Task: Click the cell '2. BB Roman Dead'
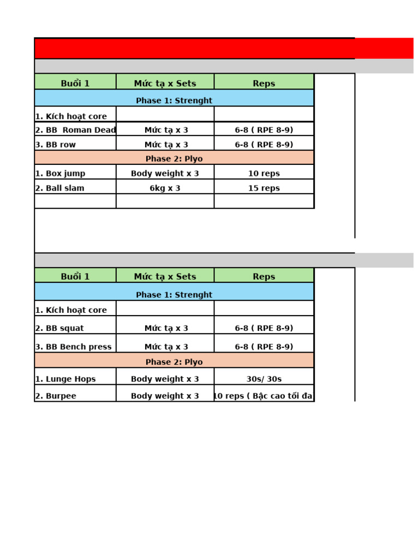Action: (x=75, y=130)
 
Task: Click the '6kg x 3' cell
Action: (x=165, y=188)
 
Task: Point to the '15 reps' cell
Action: (x=264, y=188)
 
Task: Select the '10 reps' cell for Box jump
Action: (x=264, y=174)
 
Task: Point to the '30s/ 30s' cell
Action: (x=264, y=379)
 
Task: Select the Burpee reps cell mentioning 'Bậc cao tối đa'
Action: (x=264, y=396)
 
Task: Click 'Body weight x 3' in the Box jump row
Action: (x=165, y=174)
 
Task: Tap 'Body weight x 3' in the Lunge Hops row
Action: (x=165, y=379)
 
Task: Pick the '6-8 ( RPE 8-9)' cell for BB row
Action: (x=264, y=145)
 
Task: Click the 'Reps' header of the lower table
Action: (x=264, y=277)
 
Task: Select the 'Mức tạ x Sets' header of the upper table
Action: (x=165, y=84)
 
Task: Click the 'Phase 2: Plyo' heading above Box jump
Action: (x=174, y=159)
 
